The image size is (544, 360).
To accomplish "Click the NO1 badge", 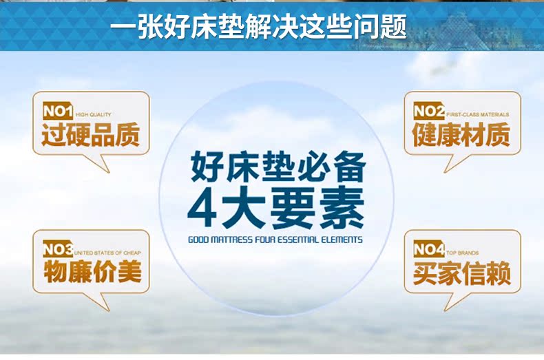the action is [58, 111].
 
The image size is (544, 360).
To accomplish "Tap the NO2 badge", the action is [429, 111].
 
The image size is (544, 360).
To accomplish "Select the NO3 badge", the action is [58, 249].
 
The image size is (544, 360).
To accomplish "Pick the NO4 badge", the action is [429, 249].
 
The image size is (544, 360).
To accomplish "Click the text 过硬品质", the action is [90, 135].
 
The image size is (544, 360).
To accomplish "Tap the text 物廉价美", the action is [92, 273].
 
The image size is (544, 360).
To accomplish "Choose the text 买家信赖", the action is [462, 273].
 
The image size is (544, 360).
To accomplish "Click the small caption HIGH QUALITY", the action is [94, 114].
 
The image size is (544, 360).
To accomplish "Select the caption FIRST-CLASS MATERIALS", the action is [478, 114].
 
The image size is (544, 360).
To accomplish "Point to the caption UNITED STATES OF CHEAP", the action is [107, 253].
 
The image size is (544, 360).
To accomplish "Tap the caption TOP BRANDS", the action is [462, 253].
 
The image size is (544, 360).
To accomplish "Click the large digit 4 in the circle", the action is [203, 207].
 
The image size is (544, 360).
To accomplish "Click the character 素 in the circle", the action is [342, 207].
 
